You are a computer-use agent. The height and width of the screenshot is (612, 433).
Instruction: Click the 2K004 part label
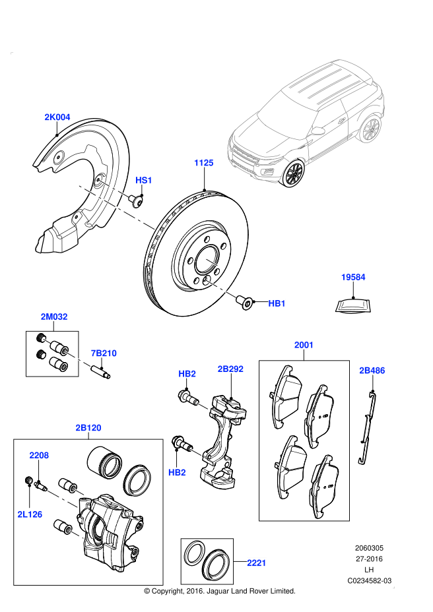coord(57,117)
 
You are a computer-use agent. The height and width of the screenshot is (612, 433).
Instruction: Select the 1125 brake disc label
coord(204,162)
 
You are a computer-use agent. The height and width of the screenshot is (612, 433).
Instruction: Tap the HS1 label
coord(144,180)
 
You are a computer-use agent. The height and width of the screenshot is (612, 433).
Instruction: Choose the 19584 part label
coord(353,278)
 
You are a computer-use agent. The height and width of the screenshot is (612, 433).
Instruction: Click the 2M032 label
coord(53,317)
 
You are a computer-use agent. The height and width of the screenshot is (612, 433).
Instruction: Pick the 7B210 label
coord(104,353)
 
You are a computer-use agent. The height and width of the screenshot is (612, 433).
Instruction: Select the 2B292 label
coord(230,369)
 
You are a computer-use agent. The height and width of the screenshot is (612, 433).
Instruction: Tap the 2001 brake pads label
coord(304,345)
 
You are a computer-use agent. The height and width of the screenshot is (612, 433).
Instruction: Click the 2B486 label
coord(372,371)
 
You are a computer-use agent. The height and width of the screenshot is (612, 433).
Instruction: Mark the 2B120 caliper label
coord(88,428)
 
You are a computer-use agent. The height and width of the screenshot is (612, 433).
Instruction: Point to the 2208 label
coord(39,455)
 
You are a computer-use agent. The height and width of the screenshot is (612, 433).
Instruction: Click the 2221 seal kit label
coord(256,563)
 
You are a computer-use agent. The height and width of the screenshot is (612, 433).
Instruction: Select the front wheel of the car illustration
coord(292,174)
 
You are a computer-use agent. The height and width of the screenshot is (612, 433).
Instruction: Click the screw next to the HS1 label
coord(137,199)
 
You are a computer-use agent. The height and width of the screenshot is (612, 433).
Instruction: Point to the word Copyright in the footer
coord(168,591)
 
